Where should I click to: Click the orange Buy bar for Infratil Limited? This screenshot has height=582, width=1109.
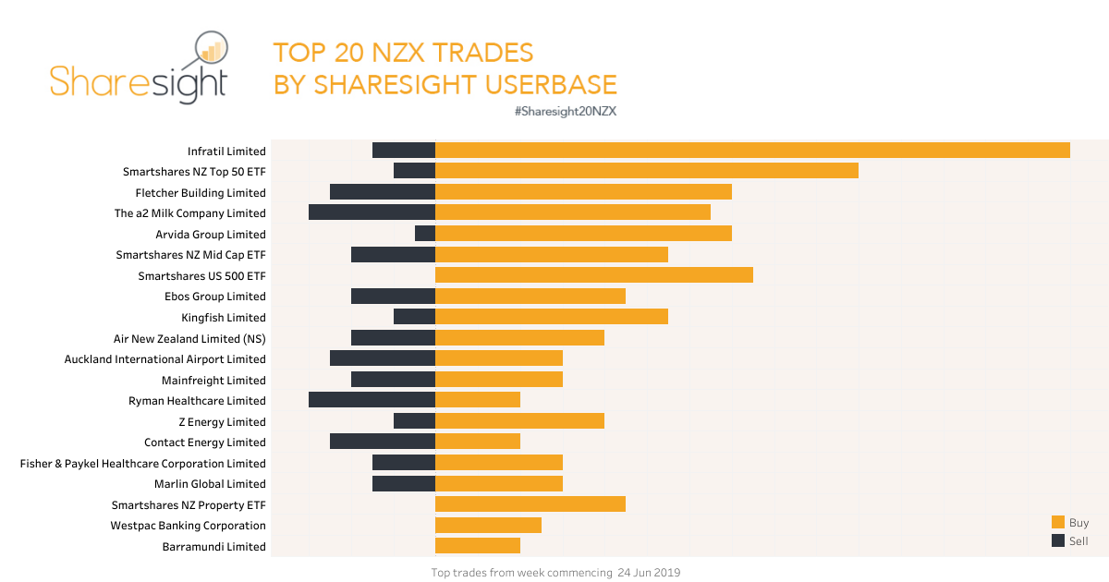(x=752, y=150)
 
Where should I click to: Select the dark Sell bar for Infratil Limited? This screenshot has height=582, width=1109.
(x=404, y=150)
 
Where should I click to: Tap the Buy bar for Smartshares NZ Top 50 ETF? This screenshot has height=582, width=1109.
(x=647, y=171)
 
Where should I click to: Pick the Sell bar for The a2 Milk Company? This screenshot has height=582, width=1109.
(x=372, y=212)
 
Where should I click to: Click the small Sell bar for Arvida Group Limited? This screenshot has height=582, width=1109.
(x=425, y=234)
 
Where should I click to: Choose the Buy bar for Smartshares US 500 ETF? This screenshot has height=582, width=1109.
(x=594, y=275)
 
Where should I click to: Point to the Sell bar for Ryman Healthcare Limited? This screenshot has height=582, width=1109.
(x=372, y=400)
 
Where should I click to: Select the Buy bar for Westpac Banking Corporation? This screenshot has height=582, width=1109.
(x=488, y=525)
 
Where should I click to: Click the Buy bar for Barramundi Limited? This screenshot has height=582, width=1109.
(x=478, y=546)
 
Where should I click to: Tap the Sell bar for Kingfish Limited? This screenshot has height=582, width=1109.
(x=414, y=317)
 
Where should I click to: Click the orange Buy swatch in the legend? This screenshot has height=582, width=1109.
(x=1058, y=522)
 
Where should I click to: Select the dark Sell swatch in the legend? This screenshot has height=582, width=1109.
(x=1058, y=540)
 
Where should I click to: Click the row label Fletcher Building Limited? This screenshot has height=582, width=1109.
(x=201, y=193)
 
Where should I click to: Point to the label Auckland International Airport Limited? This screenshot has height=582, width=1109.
(x=165, y=359)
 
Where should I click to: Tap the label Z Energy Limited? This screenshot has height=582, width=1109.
(x=222, y=422)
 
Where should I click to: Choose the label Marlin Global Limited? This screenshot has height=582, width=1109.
(x=210, y=484)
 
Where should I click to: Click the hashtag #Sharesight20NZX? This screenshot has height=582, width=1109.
(x=565, y=111)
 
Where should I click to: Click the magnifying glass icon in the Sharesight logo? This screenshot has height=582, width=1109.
(x=212, y=53)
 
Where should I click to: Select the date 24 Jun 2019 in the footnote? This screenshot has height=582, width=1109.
(x=649, y=573)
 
